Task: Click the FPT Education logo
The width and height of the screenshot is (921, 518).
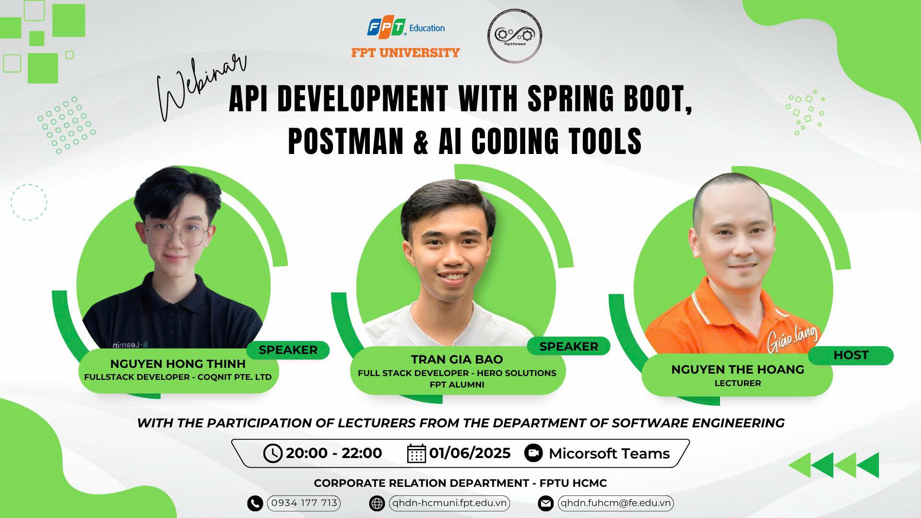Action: click(406, 28)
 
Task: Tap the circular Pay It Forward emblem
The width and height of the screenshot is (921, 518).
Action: click(515, 35)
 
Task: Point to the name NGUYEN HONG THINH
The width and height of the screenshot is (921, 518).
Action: click(178, 364)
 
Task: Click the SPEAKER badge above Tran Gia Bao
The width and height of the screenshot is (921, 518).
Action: click(568, 346)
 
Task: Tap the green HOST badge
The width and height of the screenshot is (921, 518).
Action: click(851, 355)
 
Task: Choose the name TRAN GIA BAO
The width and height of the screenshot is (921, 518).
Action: click(457, 359)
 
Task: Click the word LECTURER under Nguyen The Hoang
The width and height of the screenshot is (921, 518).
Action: click(738, 383)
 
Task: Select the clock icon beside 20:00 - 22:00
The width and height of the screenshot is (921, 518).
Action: click(272, 453)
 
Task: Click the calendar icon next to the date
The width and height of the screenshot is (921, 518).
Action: click(416, 453)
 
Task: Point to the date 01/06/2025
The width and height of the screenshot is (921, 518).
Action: click(470, 453)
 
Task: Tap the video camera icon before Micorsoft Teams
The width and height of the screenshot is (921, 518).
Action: click(533, 453)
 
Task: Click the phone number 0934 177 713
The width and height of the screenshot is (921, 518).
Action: click(304, 503)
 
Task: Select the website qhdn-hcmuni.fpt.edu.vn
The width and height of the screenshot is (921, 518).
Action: click(449, 503)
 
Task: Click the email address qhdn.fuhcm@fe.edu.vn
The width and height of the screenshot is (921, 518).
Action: click(615, 503)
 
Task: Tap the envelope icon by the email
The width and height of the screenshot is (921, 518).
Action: click(545, 504)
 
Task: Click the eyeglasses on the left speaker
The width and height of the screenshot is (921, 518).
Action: click(177, 235)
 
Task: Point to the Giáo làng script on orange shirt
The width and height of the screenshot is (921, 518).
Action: click(791, 337)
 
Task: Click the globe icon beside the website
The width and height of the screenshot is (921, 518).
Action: click(377, 504)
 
